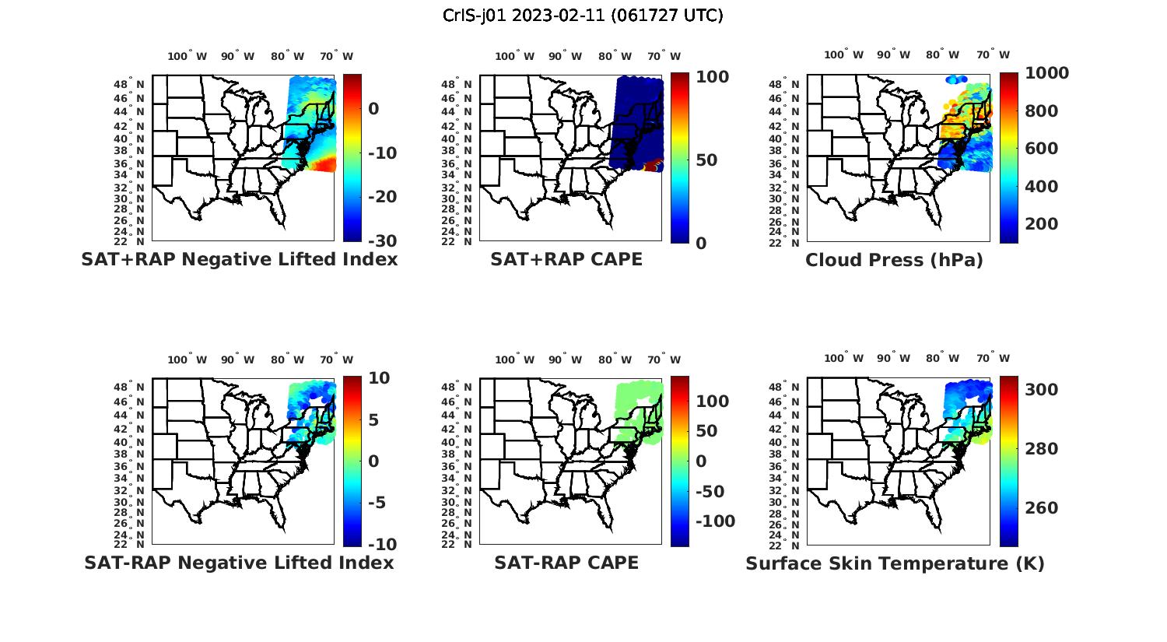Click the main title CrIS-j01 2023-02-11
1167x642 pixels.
(583, 16)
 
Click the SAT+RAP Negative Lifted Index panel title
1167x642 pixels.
(240, 259)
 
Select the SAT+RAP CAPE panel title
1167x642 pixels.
(566, 259)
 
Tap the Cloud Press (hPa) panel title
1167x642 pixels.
(894, 260)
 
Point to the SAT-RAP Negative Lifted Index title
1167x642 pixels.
(240, 563)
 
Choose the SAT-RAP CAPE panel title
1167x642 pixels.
(566, 563)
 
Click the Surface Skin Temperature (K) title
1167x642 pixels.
(895, 563)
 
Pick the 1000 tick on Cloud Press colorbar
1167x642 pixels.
(1046, 73)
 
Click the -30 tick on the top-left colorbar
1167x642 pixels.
(382, 241)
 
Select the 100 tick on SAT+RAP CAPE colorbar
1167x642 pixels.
(712, 76)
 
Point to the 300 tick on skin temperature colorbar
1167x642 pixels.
(1041, 390)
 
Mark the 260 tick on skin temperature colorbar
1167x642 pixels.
(1041, 508)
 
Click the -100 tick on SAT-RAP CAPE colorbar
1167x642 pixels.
(714, 521)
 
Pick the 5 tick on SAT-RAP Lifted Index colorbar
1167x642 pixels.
(373, 420)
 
